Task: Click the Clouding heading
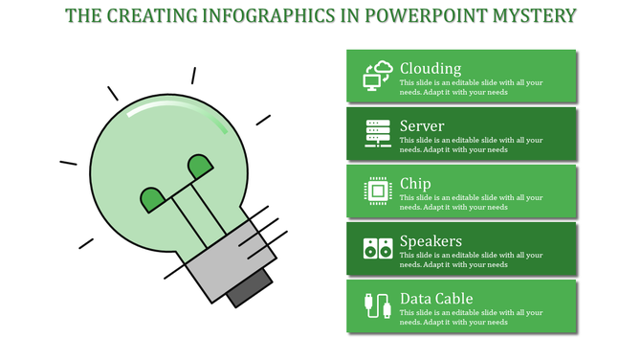click(431, 68)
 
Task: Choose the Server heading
click(422, 125)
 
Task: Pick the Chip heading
click(415, 183)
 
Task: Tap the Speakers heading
click(431, 240)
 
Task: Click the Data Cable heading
click(436, 298)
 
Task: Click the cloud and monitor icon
click(378, 76)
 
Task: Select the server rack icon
click(378, 133)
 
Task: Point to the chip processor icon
click(378, 191)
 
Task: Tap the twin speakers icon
click(378, 248)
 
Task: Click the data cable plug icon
click(378, 305)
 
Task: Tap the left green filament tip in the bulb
click(152, 199)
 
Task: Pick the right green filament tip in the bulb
click(200, 167)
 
